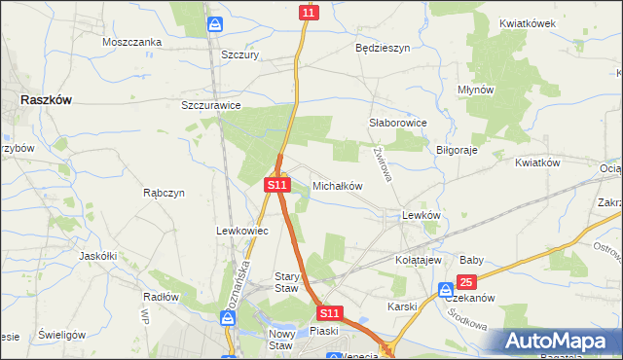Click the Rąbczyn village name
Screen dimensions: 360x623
(164, 193)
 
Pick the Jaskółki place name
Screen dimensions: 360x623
(97, 256)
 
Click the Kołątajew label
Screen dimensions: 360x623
(419, 261)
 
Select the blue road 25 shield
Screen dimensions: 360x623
(466, 283)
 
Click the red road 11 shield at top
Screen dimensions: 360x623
(309, 13)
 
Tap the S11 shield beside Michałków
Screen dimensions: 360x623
(277, 184)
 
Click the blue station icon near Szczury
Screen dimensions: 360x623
(214, 25)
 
